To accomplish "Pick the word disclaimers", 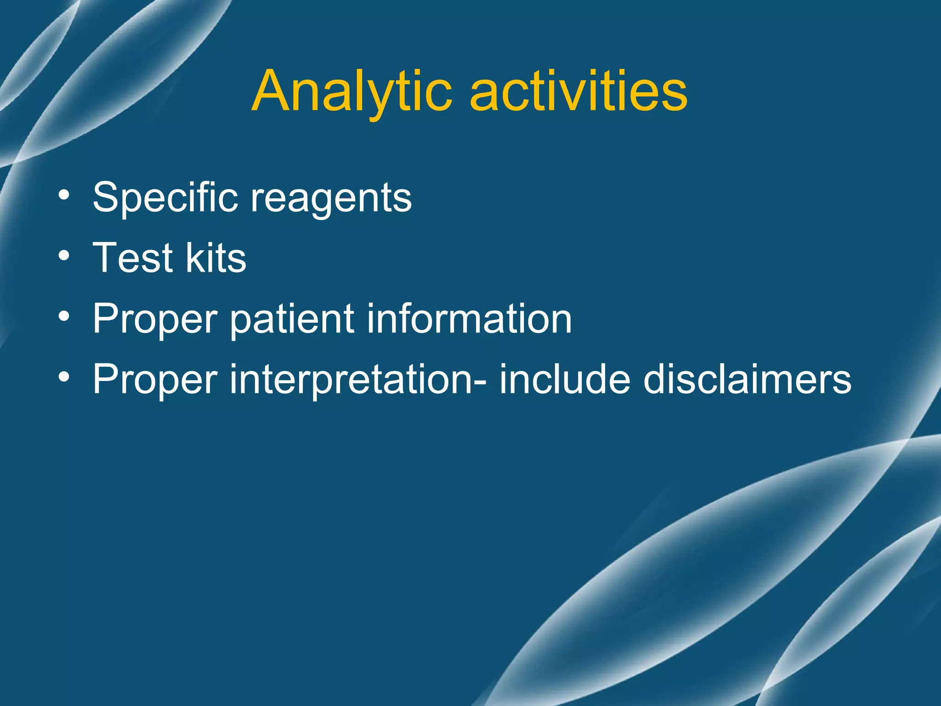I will [x=747, y=379].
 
